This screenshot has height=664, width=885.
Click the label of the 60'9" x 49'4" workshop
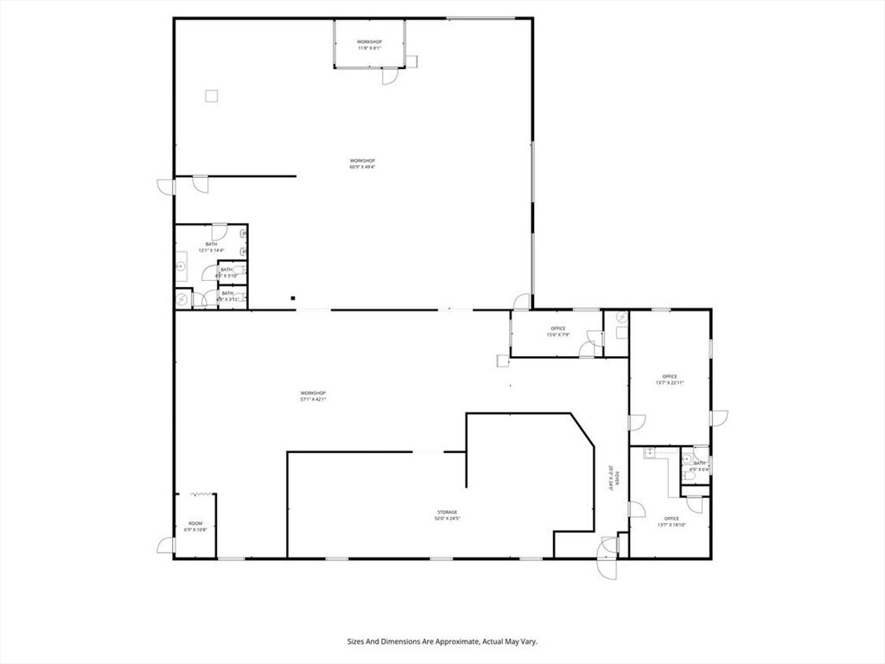click(x=362, y=163)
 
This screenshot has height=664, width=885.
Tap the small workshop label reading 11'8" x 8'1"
click(x=369, y=45)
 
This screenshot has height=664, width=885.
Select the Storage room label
click(x=446, y=515)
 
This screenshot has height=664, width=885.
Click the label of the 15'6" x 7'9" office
click(x=557, y=331)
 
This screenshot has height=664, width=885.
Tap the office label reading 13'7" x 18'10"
click(x=671, y=521)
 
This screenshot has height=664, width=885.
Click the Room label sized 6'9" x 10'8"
click(x=195, y=527)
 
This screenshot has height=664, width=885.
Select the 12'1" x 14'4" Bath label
click(x=211, y=247)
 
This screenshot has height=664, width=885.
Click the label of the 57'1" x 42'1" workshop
click(x=312, y=396)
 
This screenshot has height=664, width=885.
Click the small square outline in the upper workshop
click(x=211, y=97)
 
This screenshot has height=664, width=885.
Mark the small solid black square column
click(x=293, y=298)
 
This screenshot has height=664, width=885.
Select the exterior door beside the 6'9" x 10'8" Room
click(x=165, y=546)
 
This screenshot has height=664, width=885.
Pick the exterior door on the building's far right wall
click(x=719, y=418)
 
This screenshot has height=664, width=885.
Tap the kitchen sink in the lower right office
click(x=648, y=452)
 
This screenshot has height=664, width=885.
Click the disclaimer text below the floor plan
click(x=442, y=642)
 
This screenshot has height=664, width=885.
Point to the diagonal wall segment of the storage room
click(x=583, y=431)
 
